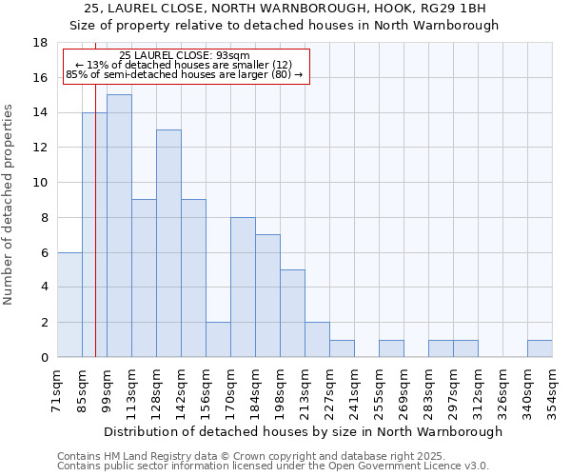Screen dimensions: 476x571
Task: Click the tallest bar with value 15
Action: click(119, 226)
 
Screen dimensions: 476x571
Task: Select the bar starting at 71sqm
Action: click(69, 305)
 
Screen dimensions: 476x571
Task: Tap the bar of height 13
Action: click(168, 244)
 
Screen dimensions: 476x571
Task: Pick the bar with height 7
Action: click(267, 296)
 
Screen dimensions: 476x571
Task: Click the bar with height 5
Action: click(292, 313)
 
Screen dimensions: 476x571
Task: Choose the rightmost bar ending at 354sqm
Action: click(540, 348)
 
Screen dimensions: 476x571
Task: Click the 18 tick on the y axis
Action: click(40, 43)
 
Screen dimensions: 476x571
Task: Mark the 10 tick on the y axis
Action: click(40, 183)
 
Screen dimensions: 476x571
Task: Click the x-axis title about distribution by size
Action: click(303, 431)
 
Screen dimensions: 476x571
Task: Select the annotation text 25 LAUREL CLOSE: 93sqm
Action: click(186, 55)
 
